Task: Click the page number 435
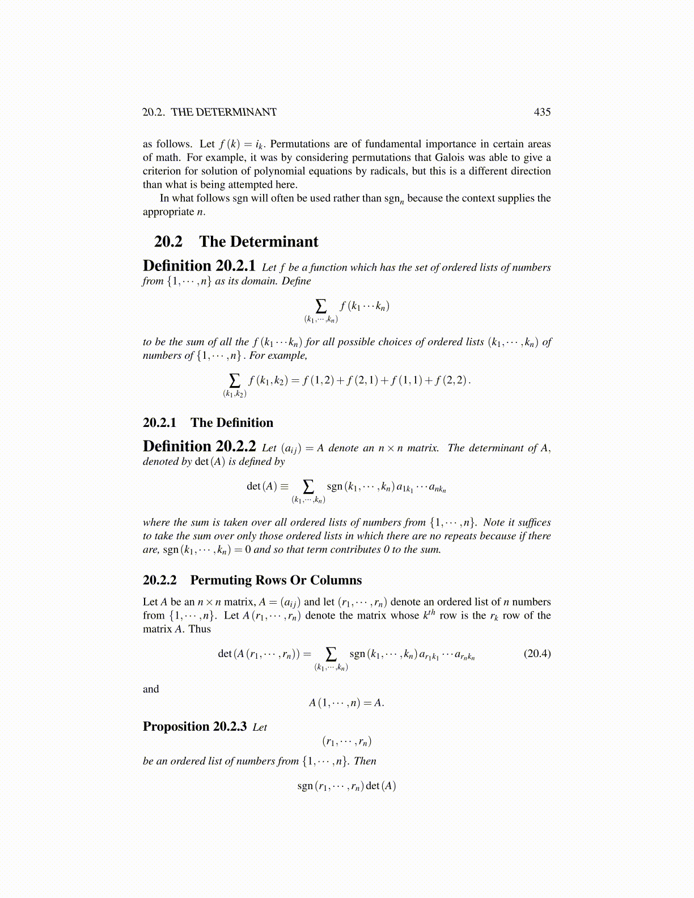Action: (x=542, y=112)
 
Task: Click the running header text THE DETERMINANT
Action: (x=223, y=112)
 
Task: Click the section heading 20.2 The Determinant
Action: (x=236, y=242)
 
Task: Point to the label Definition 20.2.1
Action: (x=199, y=266)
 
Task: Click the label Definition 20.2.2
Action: (x=199, y=446)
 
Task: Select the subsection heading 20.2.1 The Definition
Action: (x=208, y=422)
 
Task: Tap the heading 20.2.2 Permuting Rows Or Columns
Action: (x=252, y=580)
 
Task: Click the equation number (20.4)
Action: (x=537, y=654)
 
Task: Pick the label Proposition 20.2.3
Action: (x=194, y=727)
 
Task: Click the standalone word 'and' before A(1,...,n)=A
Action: (x=151, y=689)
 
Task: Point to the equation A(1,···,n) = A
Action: (x=346, y=703)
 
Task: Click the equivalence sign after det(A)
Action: (x=284, y=486)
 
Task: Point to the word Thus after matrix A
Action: (x=200, y=629)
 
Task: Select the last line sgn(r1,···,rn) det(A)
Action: (x=346, y=786)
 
